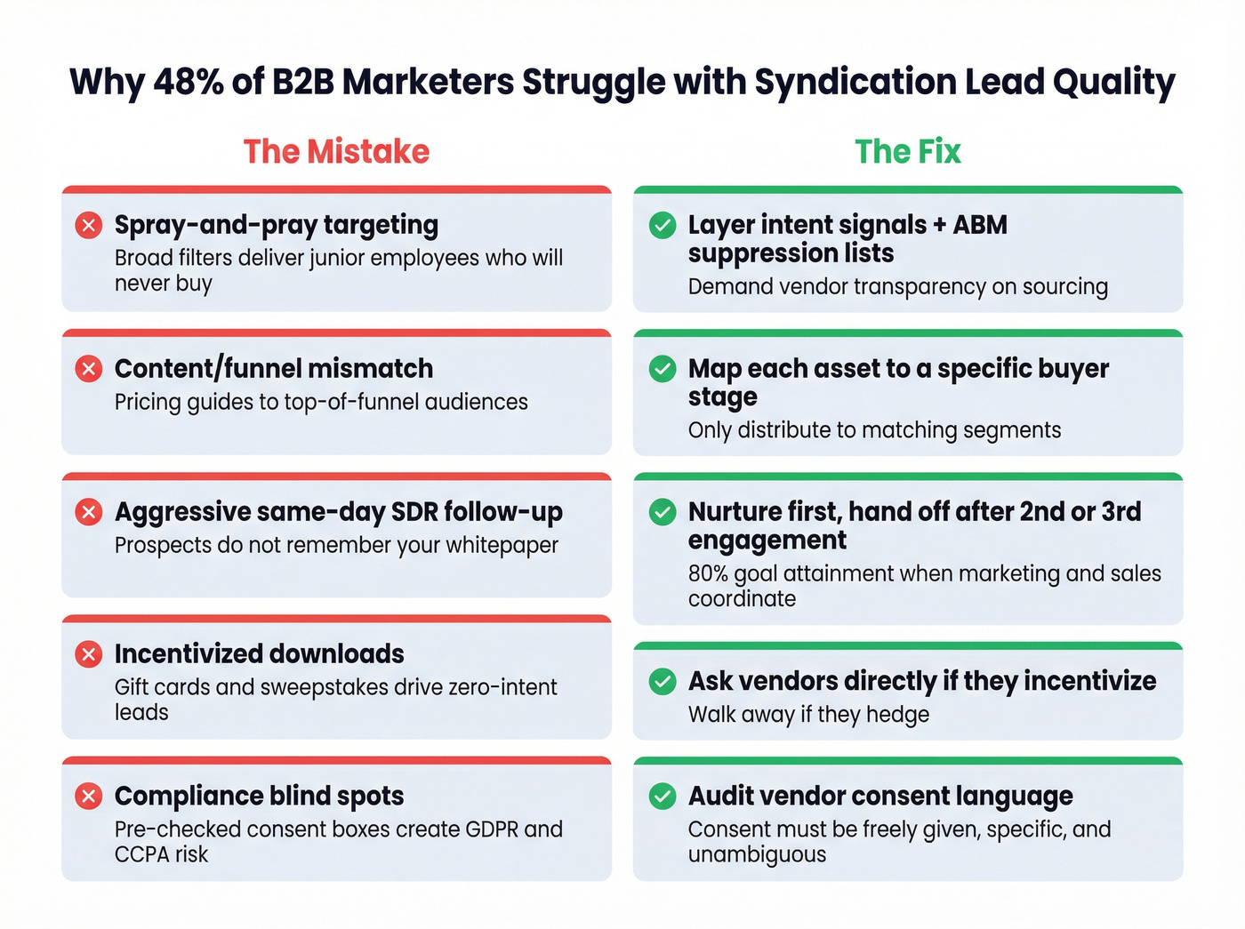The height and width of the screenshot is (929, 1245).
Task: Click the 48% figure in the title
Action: coord(188,82)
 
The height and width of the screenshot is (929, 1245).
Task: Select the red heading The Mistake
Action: coord(336,152)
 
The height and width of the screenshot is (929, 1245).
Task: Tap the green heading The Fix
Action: coord(908,152)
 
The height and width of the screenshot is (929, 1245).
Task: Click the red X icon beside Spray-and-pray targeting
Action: coord(89,225)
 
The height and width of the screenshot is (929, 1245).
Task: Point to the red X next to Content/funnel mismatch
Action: coord(89,368)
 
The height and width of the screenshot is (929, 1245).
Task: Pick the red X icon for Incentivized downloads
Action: coord(89,654)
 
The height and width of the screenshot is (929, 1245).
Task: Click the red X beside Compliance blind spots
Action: coord(89,796)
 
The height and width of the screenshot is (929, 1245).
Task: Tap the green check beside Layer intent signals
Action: coord(663,225)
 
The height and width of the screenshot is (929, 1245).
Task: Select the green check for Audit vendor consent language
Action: coord(663,796)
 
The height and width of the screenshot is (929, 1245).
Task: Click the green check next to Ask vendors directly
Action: coord(663,681)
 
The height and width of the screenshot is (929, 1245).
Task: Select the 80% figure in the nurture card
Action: coord(707,573)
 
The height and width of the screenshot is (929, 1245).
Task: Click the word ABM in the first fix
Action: coord(980,225)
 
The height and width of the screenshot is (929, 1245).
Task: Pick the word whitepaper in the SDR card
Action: coord(502,545)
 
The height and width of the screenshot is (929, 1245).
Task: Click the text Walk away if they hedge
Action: coord(808,715)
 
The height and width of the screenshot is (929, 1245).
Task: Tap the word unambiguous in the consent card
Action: coord(757,855)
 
